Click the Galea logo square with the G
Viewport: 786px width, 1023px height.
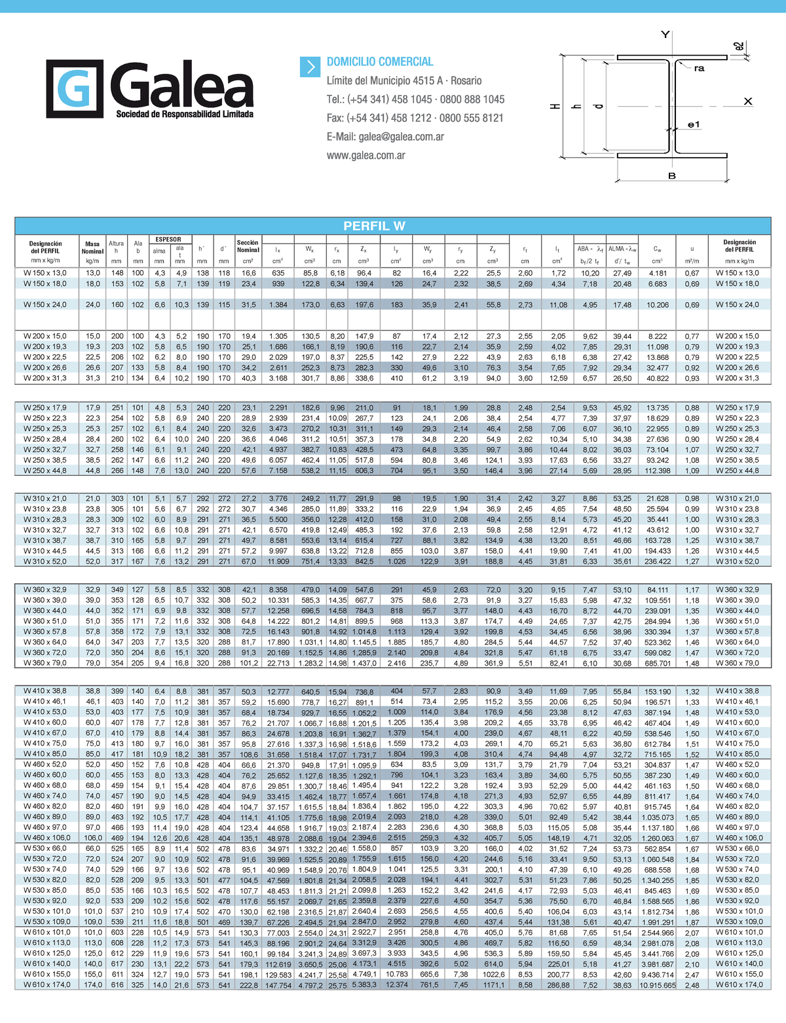tap(74, 88)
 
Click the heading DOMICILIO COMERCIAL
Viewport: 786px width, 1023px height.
tap(380, 62)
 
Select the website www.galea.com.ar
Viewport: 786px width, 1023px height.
tap(366, 156)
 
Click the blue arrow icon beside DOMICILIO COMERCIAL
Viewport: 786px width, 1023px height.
tap(309, 66)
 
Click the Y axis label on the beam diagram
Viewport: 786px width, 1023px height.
tap(665, 35)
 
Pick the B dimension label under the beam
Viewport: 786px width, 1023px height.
tap(671, 176)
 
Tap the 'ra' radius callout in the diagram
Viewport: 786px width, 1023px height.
tap(699, 69)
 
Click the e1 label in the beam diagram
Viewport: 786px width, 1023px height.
tap(694, 124)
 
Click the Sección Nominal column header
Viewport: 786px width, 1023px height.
tap(248, 246)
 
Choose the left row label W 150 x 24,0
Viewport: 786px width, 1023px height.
tap(45, 305)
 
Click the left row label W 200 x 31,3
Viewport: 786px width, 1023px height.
tap(45, 378)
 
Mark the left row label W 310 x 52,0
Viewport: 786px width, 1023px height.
tap(45, 562)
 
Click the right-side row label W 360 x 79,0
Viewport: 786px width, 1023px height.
tap(738, 664)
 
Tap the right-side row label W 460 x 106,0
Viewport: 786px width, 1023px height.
tap(739, 838)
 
